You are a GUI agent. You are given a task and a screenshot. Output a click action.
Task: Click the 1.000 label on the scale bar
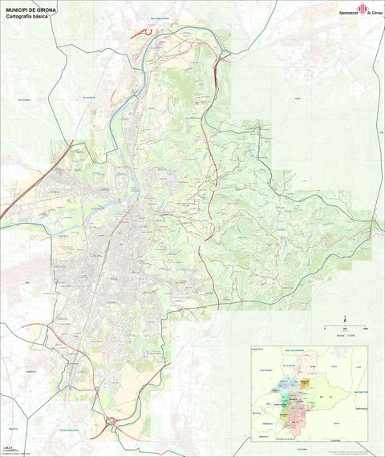365,330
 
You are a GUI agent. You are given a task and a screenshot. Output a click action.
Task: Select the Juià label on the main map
297,99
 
